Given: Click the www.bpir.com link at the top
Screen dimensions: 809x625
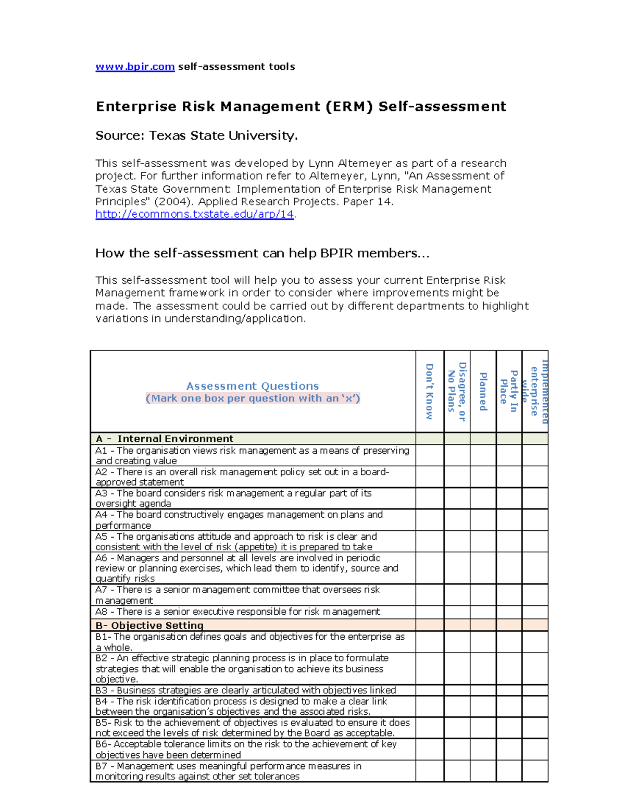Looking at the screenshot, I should [135, 67].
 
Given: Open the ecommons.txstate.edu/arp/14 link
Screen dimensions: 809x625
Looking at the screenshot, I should [195, 214].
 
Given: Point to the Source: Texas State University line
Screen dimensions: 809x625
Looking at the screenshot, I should [196, 136].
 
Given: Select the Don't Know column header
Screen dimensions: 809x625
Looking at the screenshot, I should [430, 391].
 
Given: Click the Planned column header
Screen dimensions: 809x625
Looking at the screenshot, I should [483, 391].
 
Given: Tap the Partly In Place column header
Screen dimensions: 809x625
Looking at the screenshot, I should [509, 391].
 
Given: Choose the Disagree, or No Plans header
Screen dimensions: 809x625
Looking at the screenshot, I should [457, 391].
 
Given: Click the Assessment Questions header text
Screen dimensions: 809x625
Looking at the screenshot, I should [253, 386].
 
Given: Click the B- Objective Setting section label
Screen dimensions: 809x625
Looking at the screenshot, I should [149, 625].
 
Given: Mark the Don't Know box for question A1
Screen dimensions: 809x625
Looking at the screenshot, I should [430, 455].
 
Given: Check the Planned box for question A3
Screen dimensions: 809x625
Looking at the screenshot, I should [483, 499].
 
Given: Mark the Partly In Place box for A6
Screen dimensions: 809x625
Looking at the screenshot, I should [509, 568].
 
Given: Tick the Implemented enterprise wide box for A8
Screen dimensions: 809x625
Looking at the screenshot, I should [535, 612].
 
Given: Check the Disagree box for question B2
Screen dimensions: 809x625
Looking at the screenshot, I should [457, 668].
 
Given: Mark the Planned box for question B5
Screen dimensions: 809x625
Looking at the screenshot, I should [483, 728].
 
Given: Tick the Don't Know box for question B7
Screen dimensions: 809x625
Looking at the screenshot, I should [430, 771].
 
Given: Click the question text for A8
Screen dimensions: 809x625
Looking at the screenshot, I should [238, 612].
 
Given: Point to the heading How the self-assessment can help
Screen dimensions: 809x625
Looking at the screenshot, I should [262, 254].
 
